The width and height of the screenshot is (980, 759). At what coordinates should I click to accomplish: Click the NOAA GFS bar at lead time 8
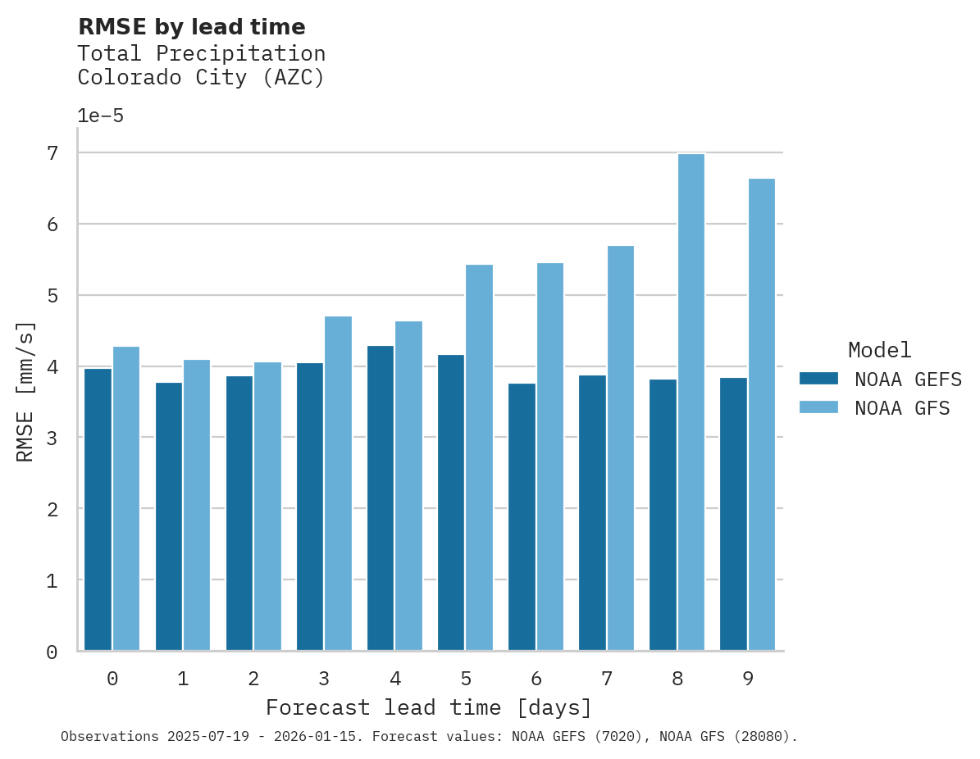691,402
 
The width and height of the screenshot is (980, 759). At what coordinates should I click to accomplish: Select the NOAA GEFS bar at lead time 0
98,509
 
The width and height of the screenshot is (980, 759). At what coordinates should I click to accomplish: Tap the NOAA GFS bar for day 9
761,414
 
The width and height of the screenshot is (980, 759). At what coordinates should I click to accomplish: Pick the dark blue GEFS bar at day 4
381,498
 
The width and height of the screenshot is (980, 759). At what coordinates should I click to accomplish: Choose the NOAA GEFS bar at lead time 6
522,516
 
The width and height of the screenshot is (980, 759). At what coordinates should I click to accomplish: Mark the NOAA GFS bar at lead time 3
338,483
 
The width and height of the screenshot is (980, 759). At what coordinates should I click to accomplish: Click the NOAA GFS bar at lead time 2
267,506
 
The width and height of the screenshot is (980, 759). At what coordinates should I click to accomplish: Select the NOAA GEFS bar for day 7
592,512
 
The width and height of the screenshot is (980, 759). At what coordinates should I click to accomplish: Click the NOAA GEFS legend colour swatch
818,378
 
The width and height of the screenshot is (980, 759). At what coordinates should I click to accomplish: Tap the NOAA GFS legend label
902,408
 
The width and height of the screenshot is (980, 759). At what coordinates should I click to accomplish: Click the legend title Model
879,350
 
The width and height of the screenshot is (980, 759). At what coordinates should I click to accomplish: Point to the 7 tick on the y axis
52,153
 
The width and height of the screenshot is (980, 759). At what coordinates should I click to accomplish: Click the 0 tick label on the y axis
52,652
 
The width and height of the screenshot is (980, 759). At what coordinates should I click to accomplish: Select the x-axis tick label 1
183,679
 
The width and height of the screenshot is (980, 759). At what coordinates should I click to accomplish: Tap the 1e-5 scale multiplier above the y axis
101,116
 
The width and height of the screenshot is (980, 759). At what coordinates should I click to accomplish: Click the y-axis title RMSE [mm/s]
25,392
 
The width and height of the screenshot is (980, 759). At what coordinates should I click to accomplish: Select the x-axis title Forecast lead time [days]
428,707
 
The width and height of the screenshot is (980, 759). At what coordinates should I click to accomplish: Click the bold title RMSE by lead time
191,27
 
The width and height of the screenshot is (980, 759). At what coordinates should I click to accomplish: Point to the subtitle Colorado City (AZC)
201,78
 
